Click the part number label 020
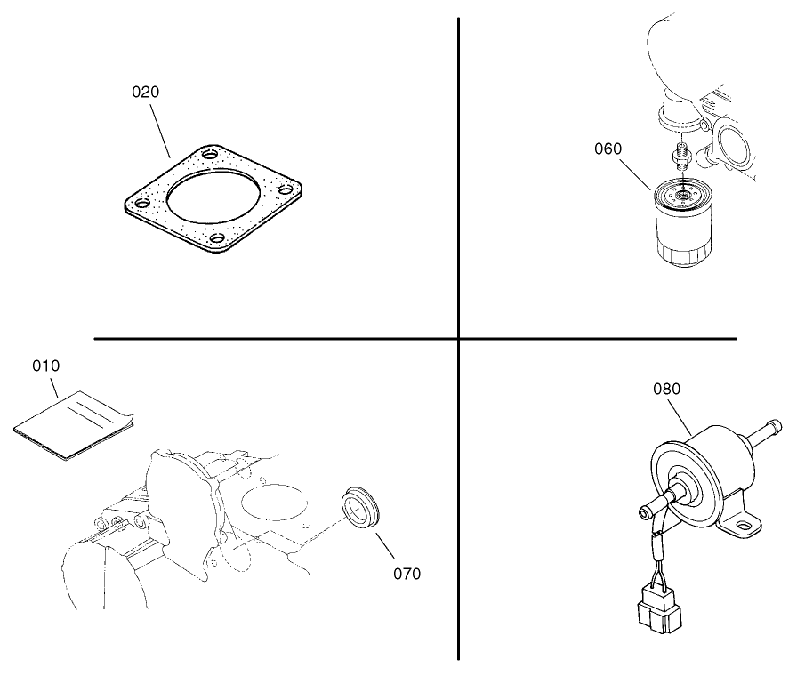pos(146,92)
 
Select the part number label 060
pos(608,149)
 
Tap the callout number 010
pos(46,366)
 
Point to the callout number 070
pos(407,574)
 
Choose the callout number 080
pos(666,389)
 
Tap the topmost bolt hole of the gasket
pos(210,155)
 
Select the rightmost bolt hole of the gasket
pos(286,189)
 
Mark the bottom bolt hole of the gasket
pos(216,238)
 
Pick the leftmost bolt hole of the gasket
pos(137,203)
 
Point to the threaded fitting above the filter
pos(683,157)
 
